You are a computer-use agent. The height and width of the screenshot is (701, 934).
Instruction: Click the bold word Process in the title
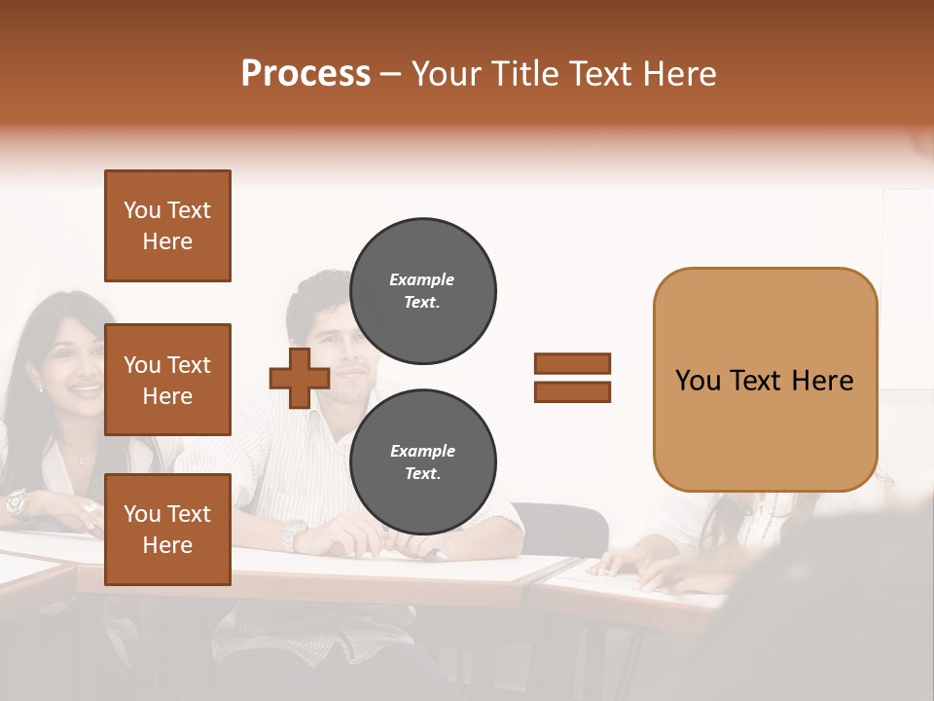click(x=305, y=74)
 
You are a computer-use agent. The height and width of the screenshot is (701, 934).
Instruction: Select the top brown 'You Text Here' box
click(x=167, y=226)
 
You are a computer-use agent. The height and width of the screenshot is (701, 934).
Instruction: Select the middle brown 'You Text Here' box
click(x=167, y=380)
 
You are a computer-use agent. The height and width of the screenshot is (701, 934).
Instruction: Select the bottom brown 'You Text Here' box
click(x=167, y=530)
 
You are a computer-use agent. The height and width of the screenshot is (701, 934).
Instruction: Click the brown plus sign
click(x=300, y=378)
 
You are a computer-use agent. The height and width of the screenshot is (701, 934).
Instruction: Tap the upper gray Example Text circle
click(x=422, y=291)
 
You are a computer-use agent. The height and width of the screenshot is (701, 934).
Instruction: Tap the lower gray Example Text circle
click(x=422, y=462)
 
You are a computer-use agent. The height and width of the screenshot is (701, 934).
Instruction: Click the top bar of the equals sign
click(x=572, y=364)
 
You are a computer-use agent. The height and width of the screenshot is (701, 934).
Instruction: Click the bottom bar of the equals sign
click(x=572, y=391)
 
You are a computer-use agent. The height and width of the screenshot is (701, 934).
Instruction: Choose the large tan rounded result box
click(x=765, y=380)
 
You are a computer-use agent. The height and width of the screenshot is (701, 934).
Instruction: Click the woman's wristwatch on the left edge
click(x=16, y=502)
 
